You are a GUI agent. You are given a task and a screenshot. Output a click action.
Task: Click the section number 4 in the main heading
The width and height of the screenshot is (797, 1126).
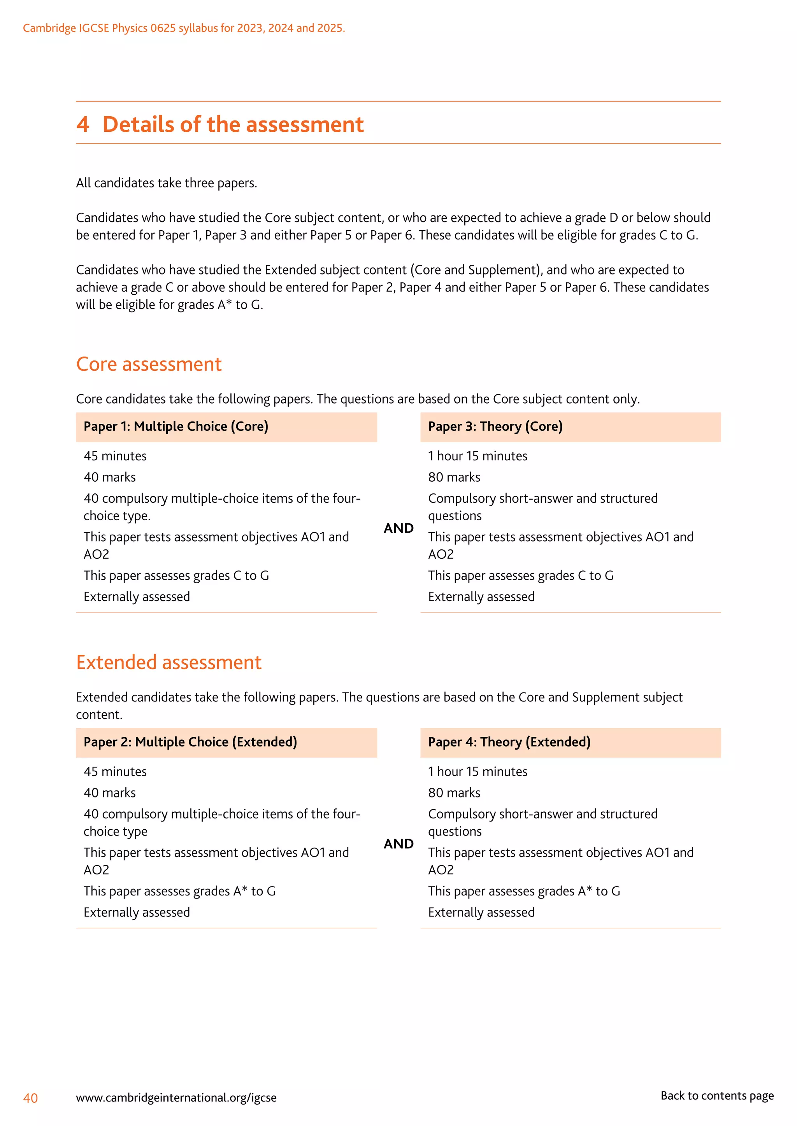83,124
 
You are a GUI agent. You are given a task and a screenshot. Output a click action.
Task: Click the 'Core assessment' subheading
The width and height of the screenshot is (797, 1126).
149,364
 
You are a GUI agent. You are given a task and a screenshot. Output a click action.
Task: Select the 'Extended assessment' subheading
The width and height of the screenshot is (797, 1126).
169,663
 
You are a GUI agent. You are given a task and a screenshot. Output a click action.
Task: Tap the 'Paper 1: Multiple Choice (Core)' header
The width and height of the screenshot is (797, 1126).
176,427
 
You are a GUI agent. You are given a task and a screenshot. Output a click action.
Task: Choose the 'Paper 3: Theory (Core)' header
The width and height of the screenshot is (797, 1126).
495,427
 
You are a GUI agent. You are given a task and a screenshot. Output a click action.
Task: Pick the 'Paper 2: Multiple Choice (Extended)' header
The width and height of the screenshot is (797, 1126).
190,742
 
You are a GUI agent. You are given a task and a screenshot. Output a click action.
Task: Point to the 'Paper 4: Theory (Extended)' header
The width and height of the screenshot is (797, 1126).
509,742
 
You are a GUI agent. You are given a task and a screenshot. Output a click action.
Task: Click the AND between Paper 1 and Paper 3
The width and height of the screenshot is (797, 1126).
398,528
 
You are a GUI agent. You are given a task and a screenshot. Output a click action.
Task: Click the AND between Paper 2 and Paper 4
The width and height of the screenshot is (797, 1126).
398,844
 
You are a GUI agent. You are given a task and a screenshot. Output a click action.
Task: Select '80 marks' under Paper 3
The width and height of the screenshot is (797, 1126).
454,477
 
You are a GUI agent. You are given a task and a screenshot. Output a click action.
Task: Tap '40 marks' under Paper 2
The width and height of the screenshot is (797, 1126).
109,793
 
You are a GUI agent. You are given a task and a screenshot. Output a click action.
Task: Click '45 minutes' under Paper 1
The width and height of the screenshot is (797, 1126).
115,456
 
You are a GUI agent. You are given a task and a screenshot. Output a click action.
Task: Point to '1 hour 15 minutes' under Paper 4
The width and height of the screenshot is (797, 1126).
477,772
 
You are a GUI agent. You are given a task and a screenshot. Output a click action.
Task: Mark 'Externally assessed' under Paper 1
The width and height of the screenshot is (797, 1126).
137,597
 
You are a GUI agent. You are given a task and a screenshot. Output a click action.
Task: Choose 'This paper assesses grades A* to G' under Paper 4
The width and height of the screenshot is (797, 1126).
524,891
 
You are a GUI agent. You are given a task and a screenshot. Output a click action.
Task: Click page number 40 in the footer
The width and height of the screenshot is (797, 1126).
30,1098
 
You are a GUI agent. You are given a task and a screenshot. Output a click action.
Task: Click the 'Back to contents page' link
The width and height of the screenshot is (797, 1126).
716,1096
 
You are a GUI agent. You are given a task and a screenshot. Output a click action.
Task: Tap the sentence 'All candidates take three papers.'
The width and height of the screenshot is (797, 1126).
167,184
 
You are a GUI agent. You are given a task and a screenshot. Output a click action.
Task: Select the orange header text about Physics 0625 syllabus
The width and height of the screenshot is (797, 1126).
184,28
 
